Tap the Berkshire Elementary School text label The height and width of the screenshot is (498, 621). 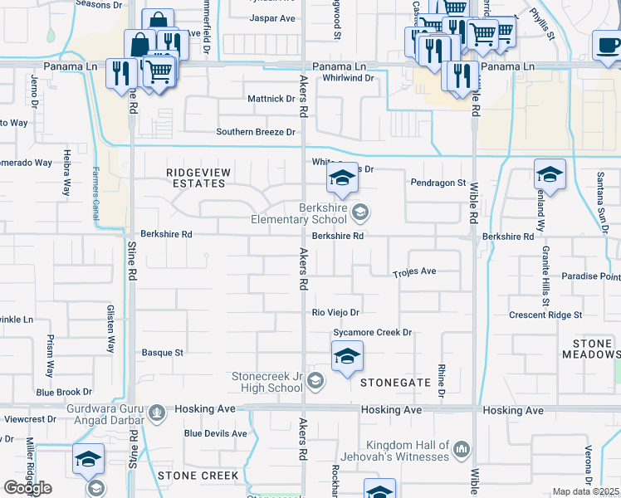299,214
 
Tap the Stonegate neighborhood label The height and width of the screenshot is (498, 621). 395,383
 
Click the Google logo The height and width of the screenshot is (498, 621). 27,488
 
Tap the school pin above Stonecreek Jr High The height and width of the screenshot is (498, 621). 346,358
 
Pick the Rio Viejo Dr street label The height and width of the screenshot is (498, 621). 335,313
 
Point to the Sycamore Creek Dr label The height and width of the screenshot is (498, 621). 373,333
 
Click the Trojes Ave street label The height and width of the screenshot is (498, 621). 414,272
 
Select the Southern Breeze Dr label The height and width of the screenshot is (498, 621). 256,132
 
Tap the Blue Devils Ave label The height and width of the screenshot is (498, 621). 216,433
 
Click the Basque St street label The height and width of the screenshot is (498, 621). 162,353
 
